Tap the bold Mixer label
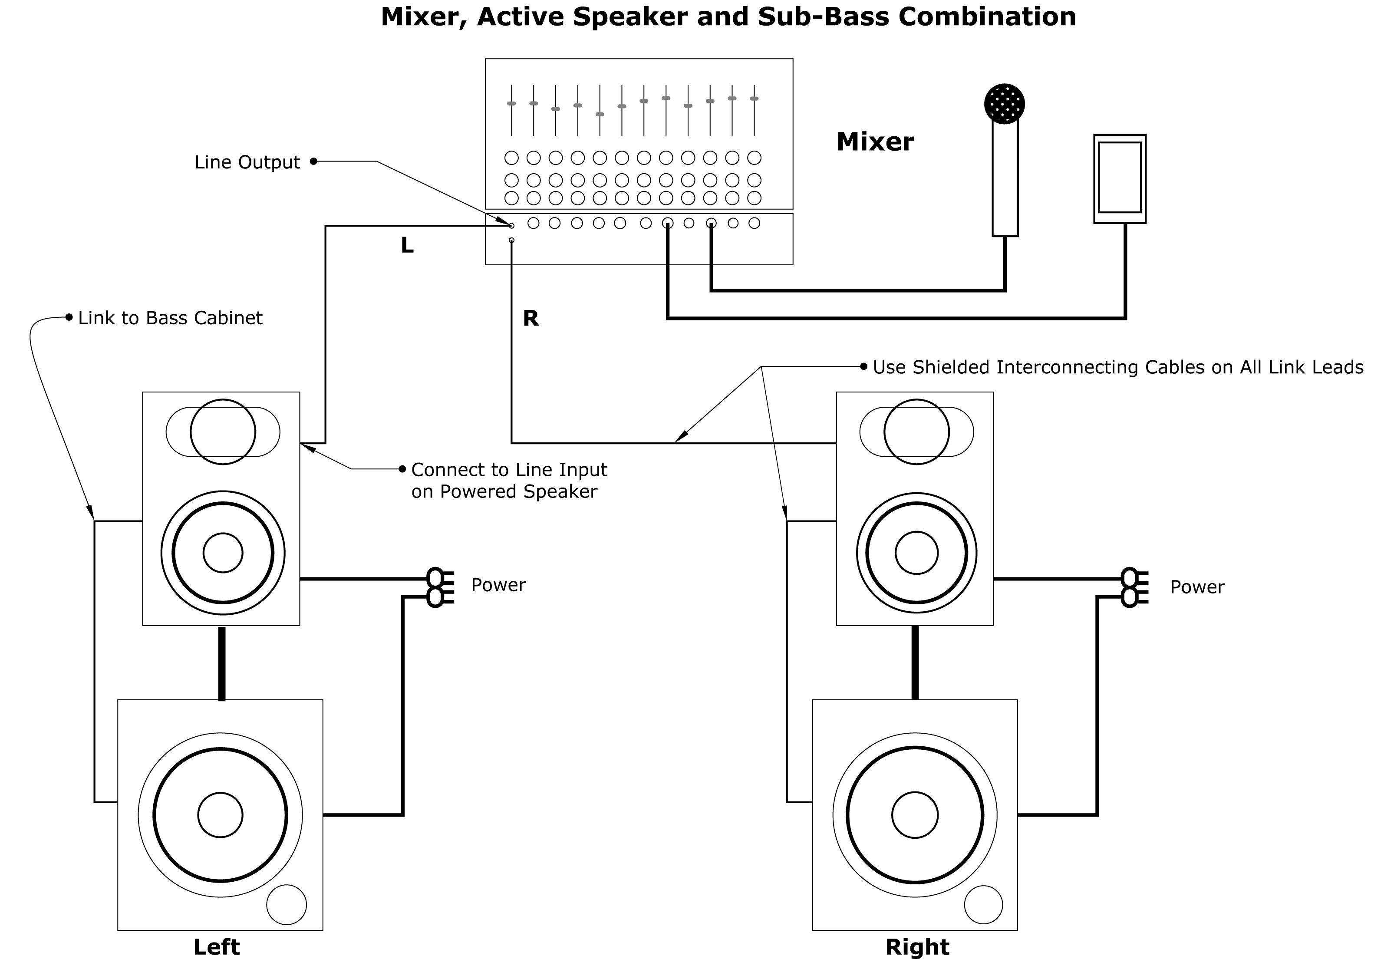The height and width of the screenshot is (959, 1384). click(x=875, y=142)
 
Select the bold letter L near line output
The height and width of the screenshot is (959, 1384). click(x=407, y=245)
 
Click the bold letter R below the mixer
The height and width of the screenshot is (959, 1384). click(x=531, y=319)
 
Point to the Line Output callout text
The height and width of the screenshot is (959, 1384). click(x=247, y=162)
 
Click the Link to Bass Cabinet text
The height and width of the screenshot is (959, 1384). click(x=170, y=318)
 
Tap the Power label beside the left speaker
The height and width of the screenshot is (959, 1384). click(x=498, y=585)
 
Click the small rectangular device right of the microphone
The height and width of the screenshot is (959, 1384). click(x=1119, y=178)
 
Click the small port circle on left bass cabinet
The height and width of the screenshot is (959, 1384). click(x=287, y=904)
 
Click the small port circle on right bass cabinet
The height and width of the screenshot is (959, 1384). click(x=983, y=904)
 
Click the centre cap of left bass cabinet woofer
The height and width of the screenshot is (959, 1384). click(x=221, y=815)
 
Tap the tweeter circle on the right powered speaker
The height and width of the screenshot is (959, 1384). click(x=916, y=432)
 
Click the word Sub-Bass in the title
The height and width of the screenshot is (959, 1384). click(x=823, y=17)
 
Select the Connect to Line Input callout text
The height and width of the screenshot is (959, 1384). click(x=509, y=480)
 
